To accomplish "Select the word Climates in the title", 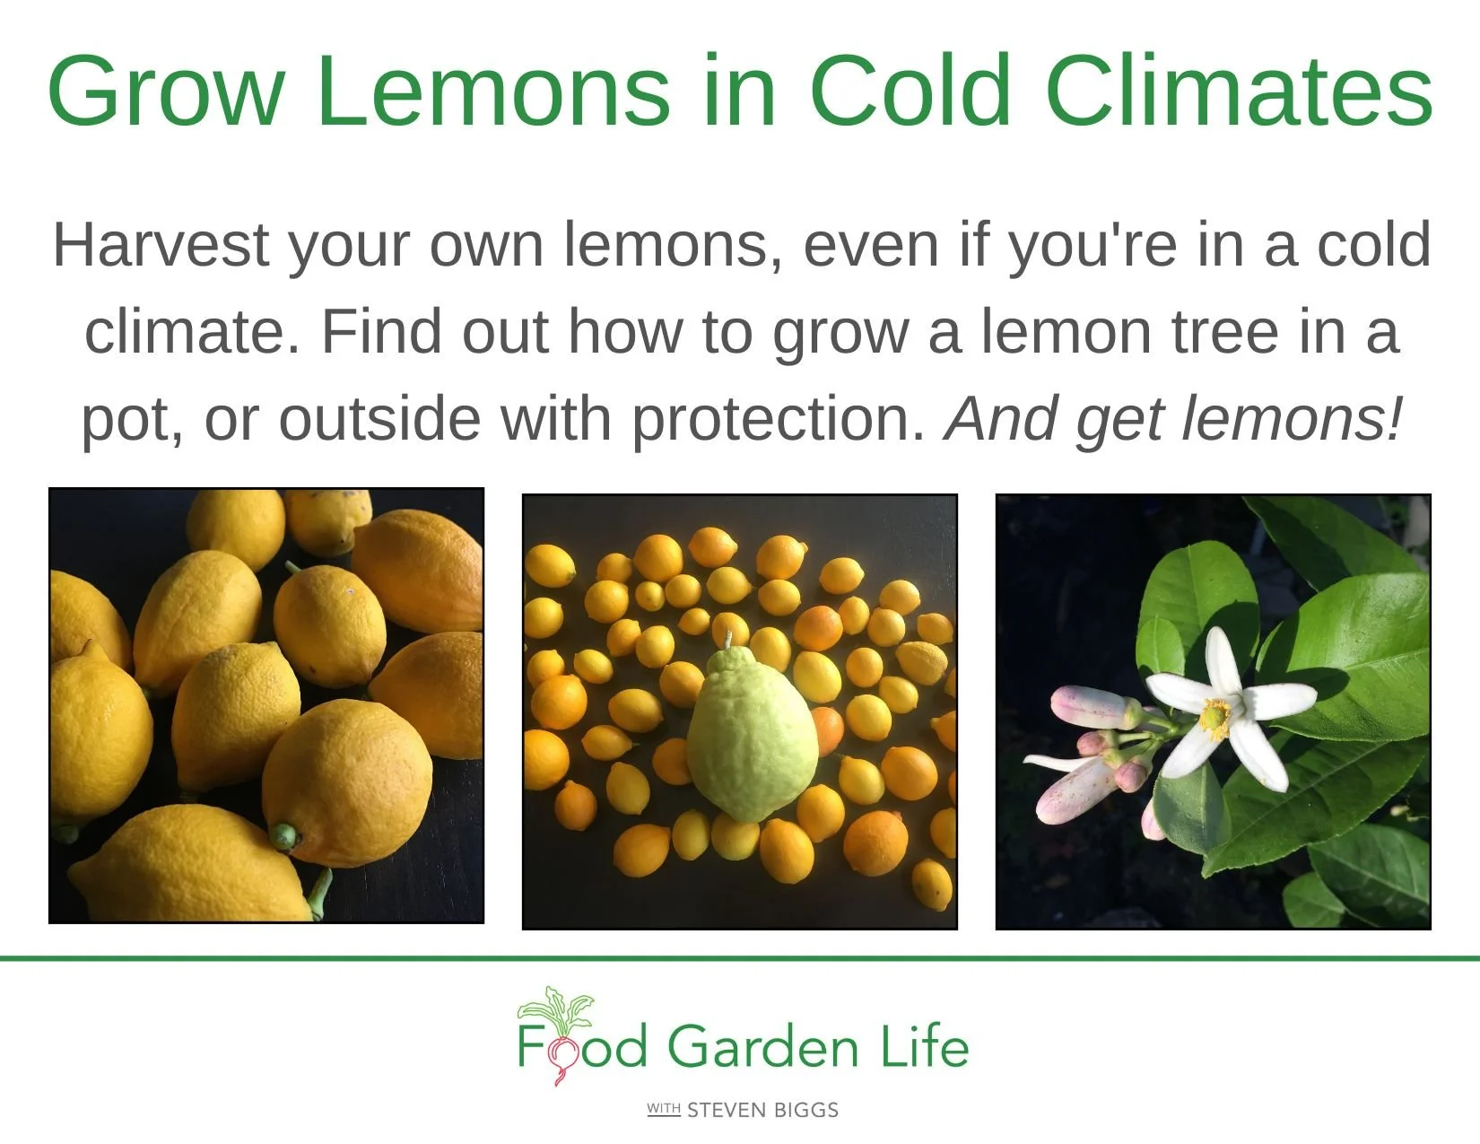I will (1238, 92).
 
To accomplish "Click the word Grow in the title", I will (166, 92).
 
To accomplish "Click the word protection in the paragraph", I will (779, 418).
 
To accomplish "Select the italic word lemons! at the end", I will (1292, 418).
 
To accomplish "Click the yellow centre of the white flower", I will (1215, 715).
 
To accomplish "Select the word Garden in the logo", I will (762, 1047).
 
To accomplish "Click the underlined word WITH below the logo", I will (664, 1110).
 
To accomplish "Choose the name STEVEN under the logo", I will (727, 1111).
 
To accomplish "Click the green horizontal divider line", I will (740, 958).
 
